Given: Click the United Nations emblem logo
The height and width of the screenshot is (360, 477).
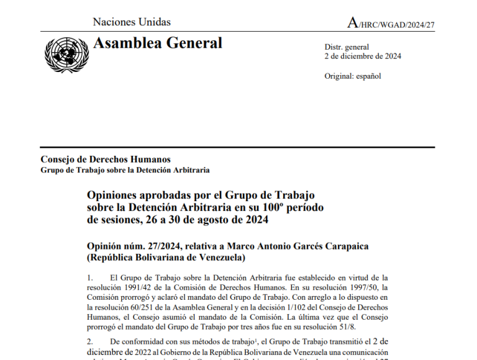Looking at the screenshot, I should click(66, 53).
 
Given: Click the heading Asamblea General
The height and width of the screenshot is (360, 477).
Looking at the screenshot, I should click(157, 43).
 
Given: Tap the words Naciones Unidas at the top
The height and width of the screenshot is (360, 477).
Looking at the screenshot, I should click(132, 22).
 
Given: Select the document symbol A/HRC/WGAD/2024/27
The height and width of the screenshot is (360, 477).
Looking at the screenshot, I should click(391, 24).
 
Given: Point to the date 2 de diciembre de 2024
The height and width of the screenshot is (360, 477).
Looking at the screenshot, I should click(363, 56).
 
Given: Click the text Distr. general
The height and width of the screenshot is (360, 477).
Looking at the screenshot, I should click(347, 47).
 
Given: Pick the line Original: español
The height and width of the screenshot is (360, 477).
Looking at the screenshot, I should click(353, 76).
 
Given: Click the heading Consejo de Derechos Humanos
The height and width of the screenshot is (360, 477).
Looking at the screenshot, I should click(106, 160).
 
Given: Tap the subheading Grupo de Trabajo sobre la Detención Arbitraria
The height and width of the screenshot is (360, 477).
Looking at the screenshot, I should click(125, 170).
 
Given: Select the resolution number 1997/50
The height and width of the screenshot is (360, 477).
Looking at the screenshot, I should click(360, 288).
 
